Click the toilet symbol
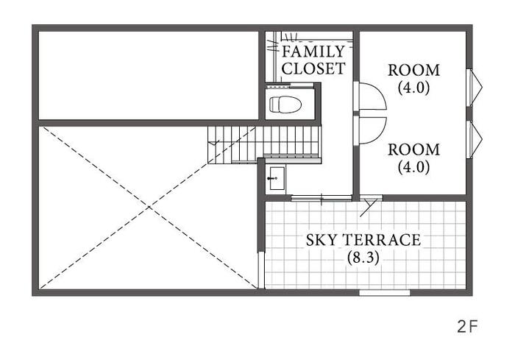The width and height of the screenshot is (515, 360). coord(285,105)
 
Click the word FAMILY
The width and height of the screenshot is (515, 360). coord(313,52)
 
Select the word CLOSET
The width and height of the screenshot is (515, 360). coord(313,68)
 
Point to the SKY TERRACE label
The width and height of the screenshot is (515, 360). coord(363,240)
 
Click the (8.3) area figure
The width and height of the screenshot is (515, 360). coord(363,258)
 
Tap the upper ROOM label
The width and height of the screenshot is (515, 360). coord(413,71)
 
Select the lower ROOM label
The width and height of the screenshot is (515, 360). coord(413,150)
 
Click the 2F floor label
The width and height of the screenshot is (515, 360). coord(468,327)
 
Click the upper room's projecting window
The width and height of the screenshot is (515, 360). coord(475,88)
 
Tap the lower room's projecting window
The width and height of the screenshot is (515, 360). coord(475,139)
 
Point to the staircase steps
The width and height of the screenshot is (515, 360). coord(264,144)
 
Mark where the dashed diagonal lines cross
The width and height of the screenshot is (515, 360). coord(149,207)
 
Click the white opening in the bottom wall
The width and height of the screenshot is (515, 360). coord(384,292)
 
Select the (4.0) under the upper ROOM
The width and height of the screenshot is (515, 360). coord(413,88)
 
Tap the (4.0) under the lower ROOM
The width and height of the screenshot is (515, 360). coord(413,167)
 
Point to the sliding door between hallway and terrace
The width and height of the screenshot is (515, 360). coord(322,198)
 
